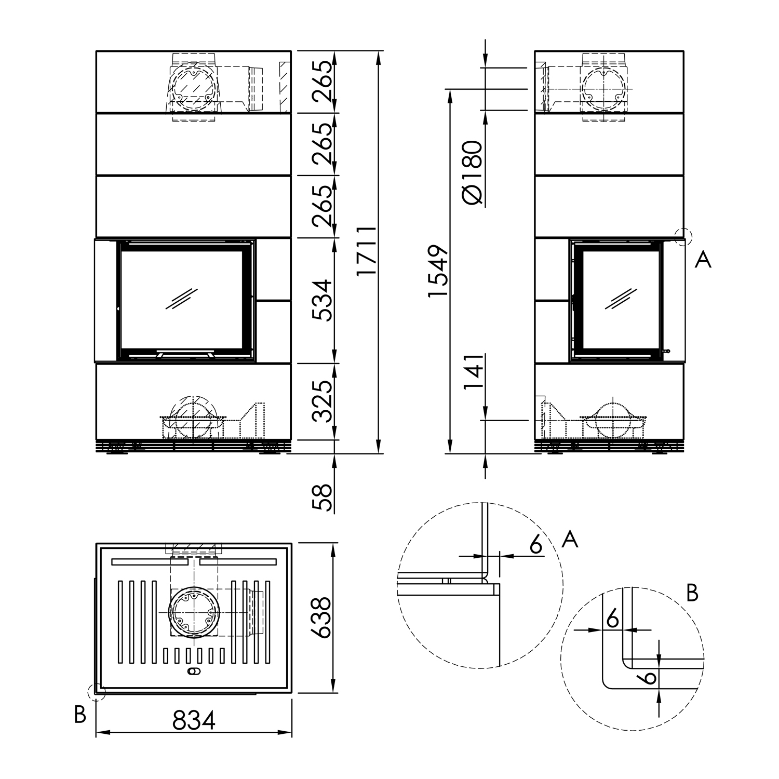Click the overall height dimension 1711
367,251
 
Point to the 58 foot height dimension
323,498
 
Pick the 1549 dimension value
438,271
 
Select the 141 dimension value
472,372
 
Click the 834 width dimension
194,720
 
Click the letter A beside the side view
703,259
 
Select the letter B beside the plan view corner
79,715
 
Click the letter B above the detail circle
692,593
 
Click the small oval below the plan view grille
192,672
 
